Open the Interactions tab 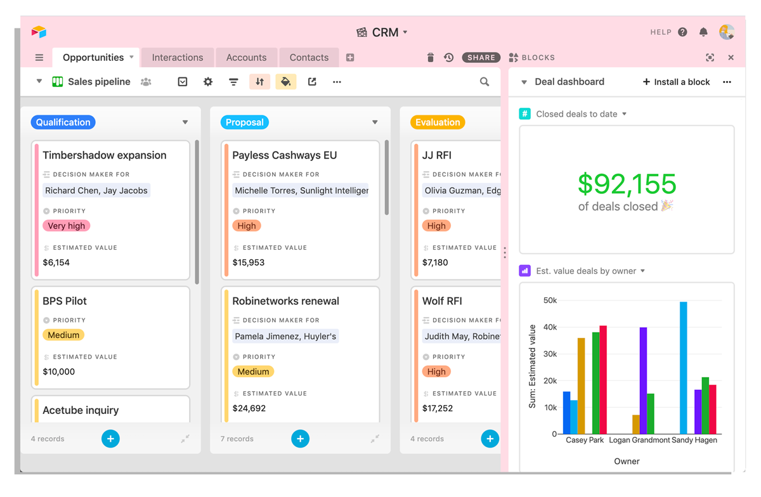pos(178,58)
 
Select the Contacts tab pos(309,58)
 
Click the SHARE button pos(481,58)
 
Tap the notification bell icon pos(703,32)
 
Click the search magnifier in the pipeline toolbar pos(485,82)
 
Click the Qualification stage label pos(63,122)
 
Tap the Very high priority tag pos(66,226)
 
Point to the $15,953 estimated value pos(249,262)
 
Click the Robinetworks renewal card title pos(286,301)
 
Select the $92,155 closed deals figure pos(627,184)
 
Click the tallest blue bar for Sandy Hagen pos(683,368)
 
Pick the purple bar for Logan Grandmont pos(643,381)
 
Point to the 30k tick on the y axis pos(550,354)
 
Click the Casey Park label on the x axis pos(585,441)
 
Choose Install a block pos(677,82)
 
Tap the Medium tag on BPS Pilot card pos(63,335)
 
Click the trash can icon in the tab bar pos(431,58)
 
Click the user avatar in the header pos(727,32)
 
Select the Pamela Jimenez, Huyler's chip pos(285,337)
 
